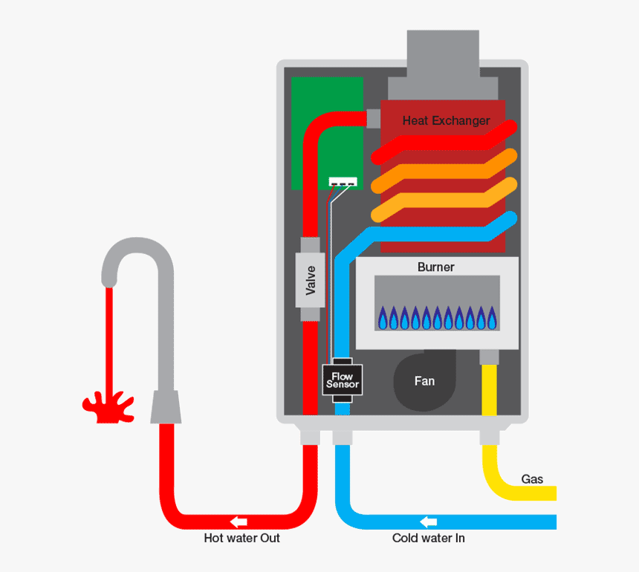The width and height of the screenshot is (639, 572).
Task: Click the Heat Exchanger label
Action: coord(446,120)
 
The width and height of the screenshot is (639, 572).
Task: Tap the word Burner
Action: coord(435,267)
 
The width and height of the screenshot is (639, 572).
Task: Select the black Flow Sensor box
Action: coord(343,380)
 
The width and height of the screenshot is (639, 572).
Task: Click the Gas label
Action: coord(532,479)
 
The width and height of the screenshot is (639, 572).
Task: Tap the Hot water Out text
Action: coord(241,538)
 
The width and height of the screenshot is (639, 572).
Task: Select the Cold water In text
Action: coord(428,538)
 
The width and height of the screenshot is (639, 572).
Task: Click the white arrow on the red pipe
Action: coord(239,521)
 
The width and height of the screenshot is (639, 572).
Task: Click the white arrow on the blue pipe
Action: coord(429,521)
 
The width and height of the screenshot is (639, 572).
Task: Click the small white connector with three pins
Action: coord(343,182)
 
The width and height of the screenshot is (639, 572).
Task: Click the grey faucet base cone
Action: coord(166,407)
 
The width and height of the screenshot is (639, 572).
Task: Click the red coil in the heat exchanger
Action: coord(446,143)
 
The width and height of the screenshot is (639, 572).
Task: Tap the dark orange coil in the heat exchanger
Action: coord(446,170)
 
